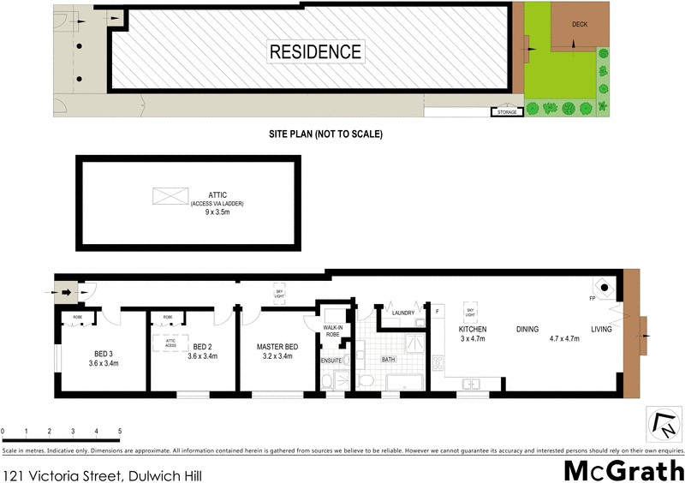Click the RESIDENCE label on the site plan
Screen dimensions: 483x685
(x=316, y=51)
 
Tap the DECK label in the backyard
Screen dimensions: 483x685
(x=580, y=25)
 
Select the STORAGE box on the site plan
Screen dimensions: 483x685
(x=505, y=112)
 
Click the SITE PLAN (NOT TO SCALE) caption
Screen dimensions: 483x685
(x=324, y=134)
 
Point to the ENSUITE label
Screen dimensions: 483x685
(x=331, y=361)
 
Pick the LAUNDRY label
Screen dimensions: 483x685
(x=402, y=313)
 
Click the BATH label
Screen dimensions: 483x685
(x=388, y=361)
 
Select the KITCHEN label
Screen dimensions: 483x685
(x=473, y=329)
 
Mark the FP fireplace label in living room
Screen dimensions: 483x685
(x=592, y=299)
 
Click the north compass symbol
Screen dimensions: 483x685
(x=658, y=423)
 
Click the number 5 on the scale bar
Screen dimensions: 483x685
(x=120, y=431)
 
